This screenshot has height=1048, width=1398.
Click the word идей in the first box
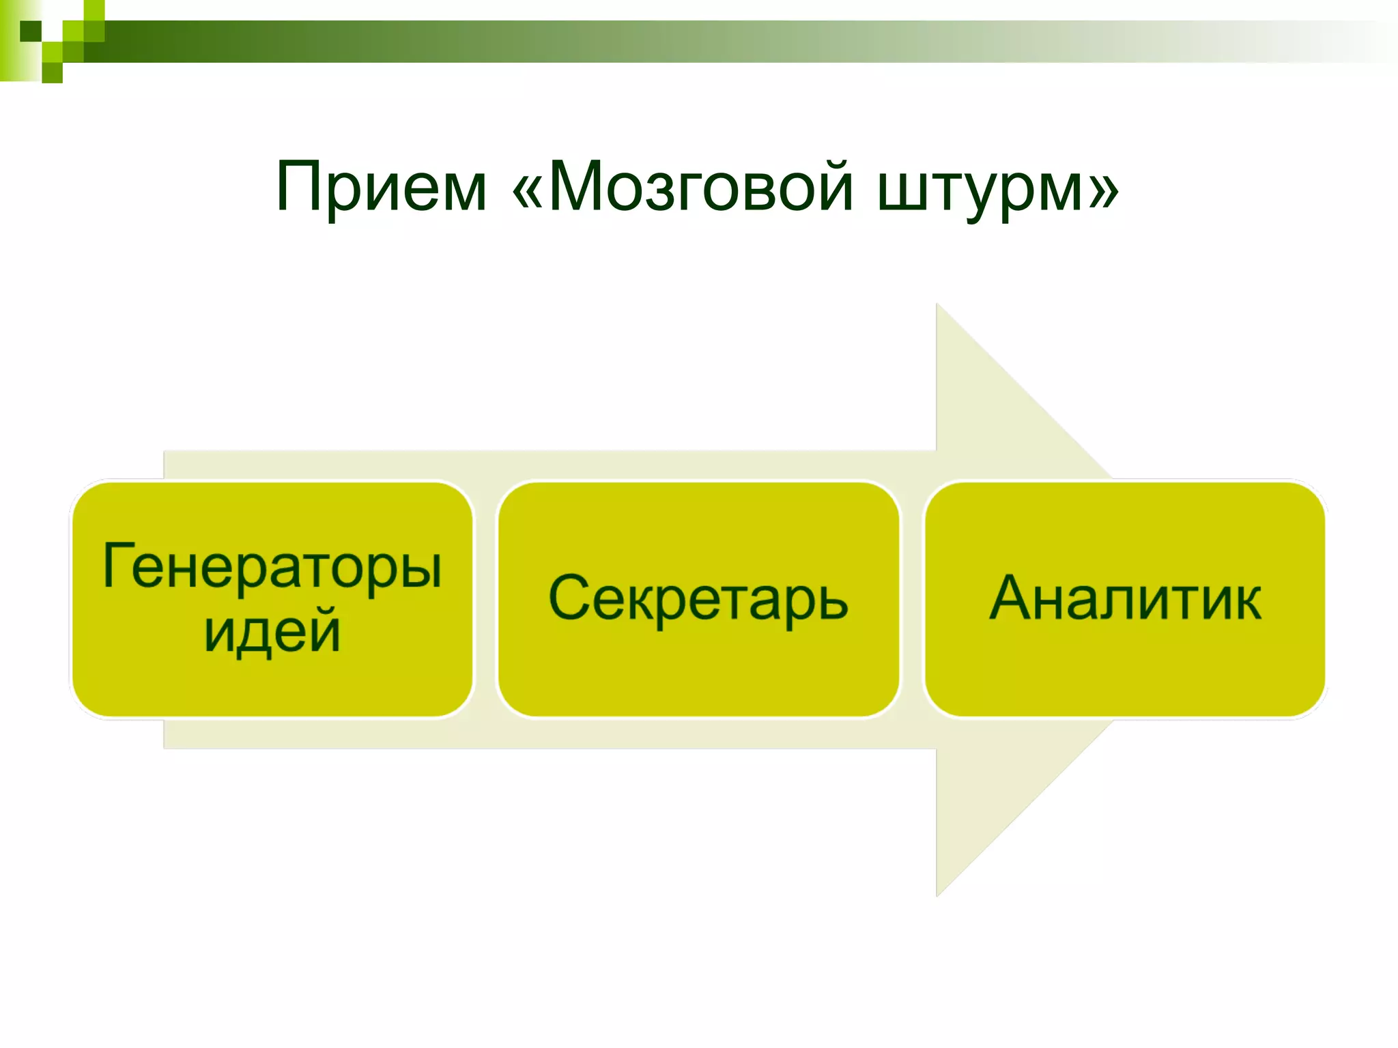272,631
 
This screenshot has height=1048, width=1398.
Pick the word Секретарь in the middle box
698,599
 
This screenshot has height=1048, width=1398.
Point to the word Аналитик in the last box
1125,599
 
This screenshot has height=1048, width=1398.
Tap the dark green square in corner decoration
31,31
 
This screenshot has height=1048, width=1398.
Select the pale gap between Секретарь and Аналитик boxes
911,599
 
